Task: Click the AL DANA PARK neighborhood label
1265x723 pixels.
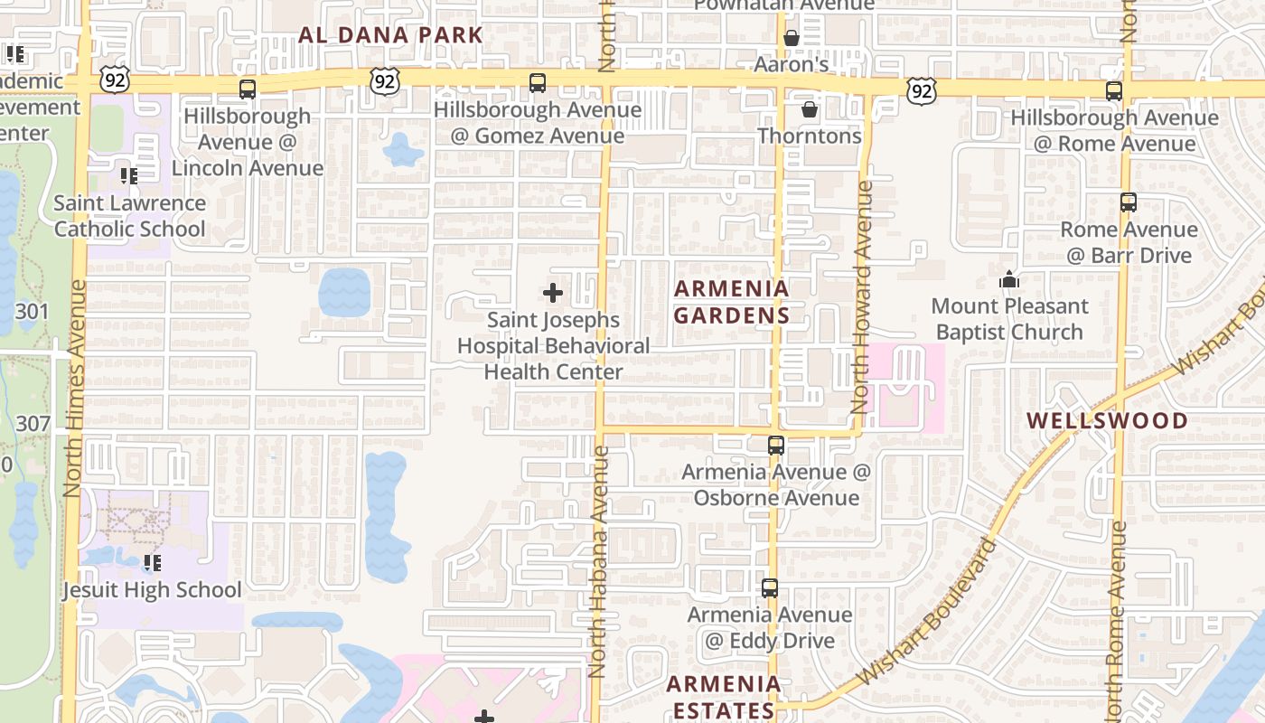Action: [x=390, y=36]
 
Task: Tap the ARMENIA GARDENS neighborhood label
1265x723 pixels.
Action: [x=732, y=302]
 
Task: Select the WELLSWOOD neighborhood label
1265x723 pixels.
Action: [x=1107, y=421]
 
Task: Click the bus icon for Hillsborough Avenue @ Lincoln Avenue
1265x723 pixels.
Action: [x=248, y=89]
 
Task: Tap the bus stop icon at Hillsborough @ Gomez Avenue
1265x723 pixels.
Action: [x=538, y=83]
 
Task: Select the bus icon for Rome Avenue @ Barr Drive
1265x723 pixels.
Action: [x=1129, y=202]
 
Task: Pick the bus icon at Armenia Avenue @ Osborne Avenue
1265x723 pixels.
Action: [x=776, y=445]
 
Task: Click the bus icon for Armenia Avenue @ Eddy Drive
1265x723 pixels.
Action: [x=770, y=588]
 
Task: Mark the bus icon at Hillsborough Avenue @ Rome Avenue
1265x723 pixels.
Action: [x=1114, y=91]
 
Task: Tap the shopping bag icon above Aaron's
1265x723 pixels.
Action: [x=792, y=38]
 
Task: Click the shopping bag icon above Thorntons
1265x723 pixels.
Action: [x=810, y=109]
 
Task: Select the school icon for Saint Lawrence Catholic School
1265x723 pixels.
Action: [x=129, y=176]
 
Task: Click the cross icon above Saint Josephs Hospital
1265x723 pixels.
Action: [x=553, y=293]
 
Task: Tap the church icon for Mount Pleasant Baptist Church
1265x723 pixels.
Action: [x=1009, y=280]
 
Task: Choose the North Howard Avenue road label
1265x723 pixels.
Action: [x=861, y=298]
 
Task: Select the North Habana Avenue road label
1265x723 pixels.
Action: [x=598, y=560]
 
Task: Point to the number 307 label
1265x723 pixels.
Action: [x=33, y=423]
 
